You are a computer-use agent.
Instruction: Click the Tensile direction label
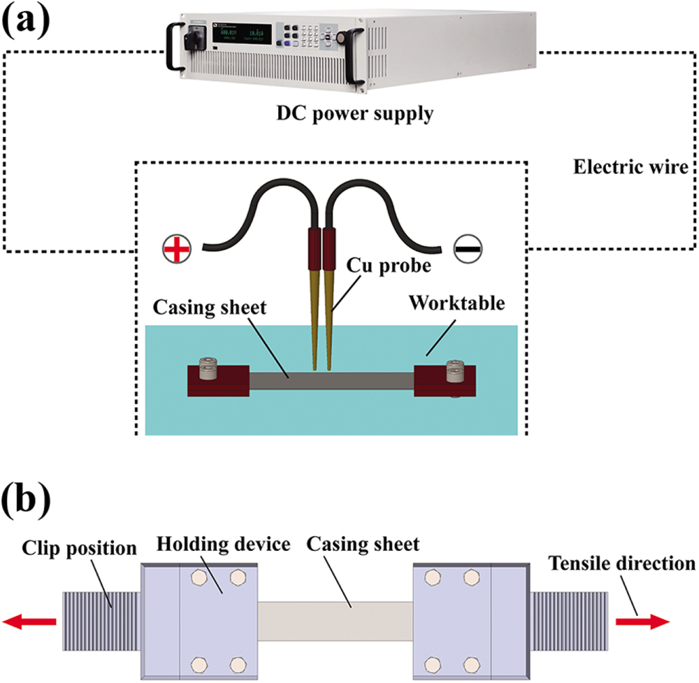(x=622, y=563)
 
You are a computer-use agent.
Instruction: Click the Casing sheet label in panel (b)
(x=363, y=543)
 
